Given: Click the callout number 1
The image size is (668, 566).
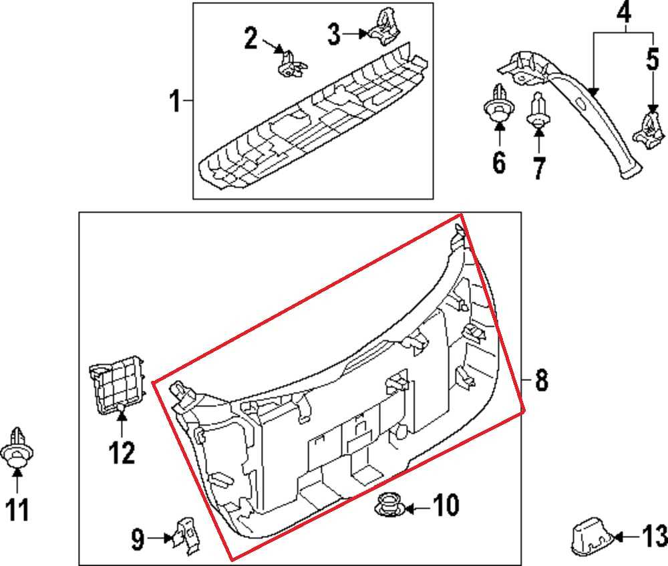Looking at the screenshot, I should [175, 102].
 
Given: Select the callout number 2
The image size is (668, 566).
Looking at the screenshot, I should [251, 38].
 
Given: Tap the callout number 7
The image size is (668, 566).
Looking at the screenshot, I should [539, 167].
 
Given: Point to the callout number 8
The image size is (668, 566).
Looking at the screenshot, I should [541, 381].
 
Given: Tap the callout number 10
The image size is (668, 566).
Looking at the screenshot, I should [446, 505].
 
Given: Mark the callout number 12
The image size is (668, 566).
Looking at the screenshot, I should [122, 453].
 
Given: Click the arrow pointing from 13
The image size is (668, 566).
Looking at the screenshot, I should [629, 536].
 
